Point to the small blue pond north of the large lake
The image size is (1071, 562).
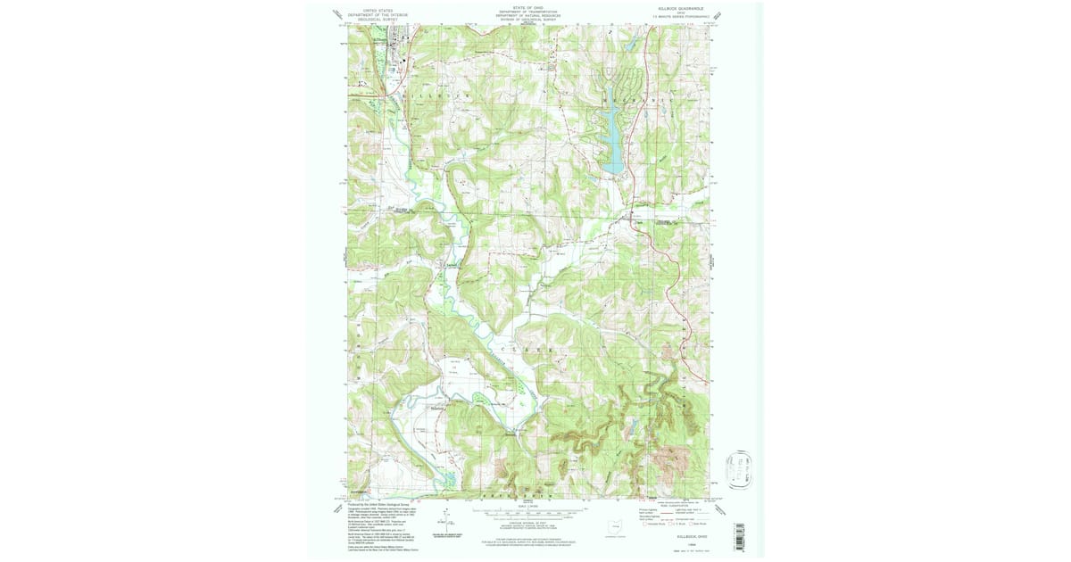[631, 44]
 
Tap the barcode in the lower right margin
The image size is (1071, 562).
[737, 535]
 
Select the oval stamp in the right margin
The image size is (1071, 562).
[740, 471]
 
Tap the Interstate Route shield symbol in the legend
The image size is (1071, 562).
[647, 525]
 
